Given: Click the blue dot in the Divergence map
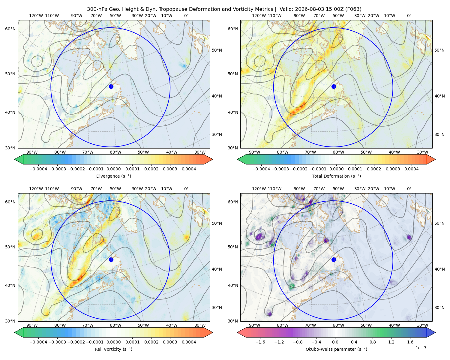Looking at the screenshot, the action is point(111,86).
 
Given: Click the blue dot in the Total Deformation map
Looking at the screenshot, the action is point(334,86).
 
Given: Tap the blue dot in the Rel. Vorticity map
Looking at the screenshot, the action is point(111,259).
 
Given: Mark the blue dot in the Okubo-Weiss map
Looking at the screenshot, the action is point(334,259).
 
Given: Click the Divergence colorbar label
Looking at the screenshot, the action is point(113,176).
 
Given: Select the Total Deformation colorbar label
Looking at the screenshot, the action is point(336,176).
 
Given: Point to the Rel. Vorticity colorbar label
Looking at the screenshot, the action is point(113,349).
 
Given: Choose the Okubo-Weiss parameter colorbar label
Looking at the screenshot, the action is point(336,349).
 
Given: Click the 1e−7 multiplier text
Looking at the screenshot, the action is point(421,348).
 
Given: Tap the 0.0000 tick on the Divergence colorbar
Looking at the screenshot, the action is point(113,169).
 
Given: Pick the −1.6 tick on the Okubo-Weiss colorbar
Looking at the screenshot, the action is point(260,342).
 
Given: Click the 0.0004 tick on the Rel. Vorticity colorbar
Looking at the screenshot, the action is point(189,342).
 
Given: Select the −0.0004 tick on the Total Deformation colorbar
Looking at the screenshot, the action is point(261,169).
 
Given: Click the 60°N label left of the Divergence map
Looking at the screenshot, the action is point(10,29).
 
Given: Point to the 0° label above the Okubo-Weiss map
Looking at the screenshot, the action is point(409,189).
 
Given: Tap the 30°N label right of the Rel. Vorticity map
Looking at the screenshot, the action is point(217,307).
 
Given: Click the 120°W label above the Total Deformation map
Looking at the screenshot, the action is point(259,16).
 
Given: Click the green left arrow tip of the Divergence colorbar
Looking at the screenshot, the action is point(15,159).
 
